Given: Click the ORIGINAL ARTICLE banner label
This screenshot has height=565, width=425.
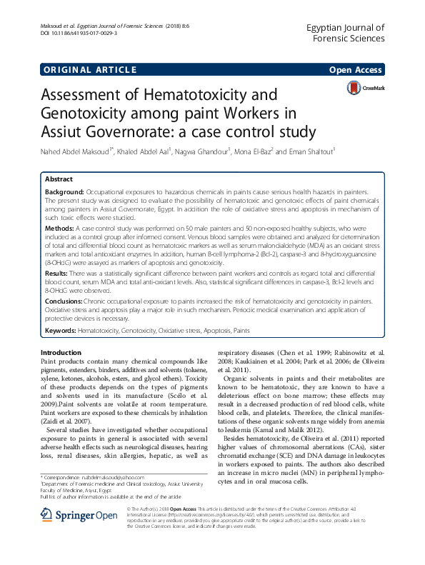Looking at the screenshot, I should (x=89, y=69).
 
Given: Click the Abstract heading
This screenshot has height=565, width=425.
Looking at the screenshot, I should (x=59, y=180).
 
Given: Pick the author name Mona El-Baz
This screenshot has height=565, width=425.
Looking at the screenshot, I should (x=249, y=152).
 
